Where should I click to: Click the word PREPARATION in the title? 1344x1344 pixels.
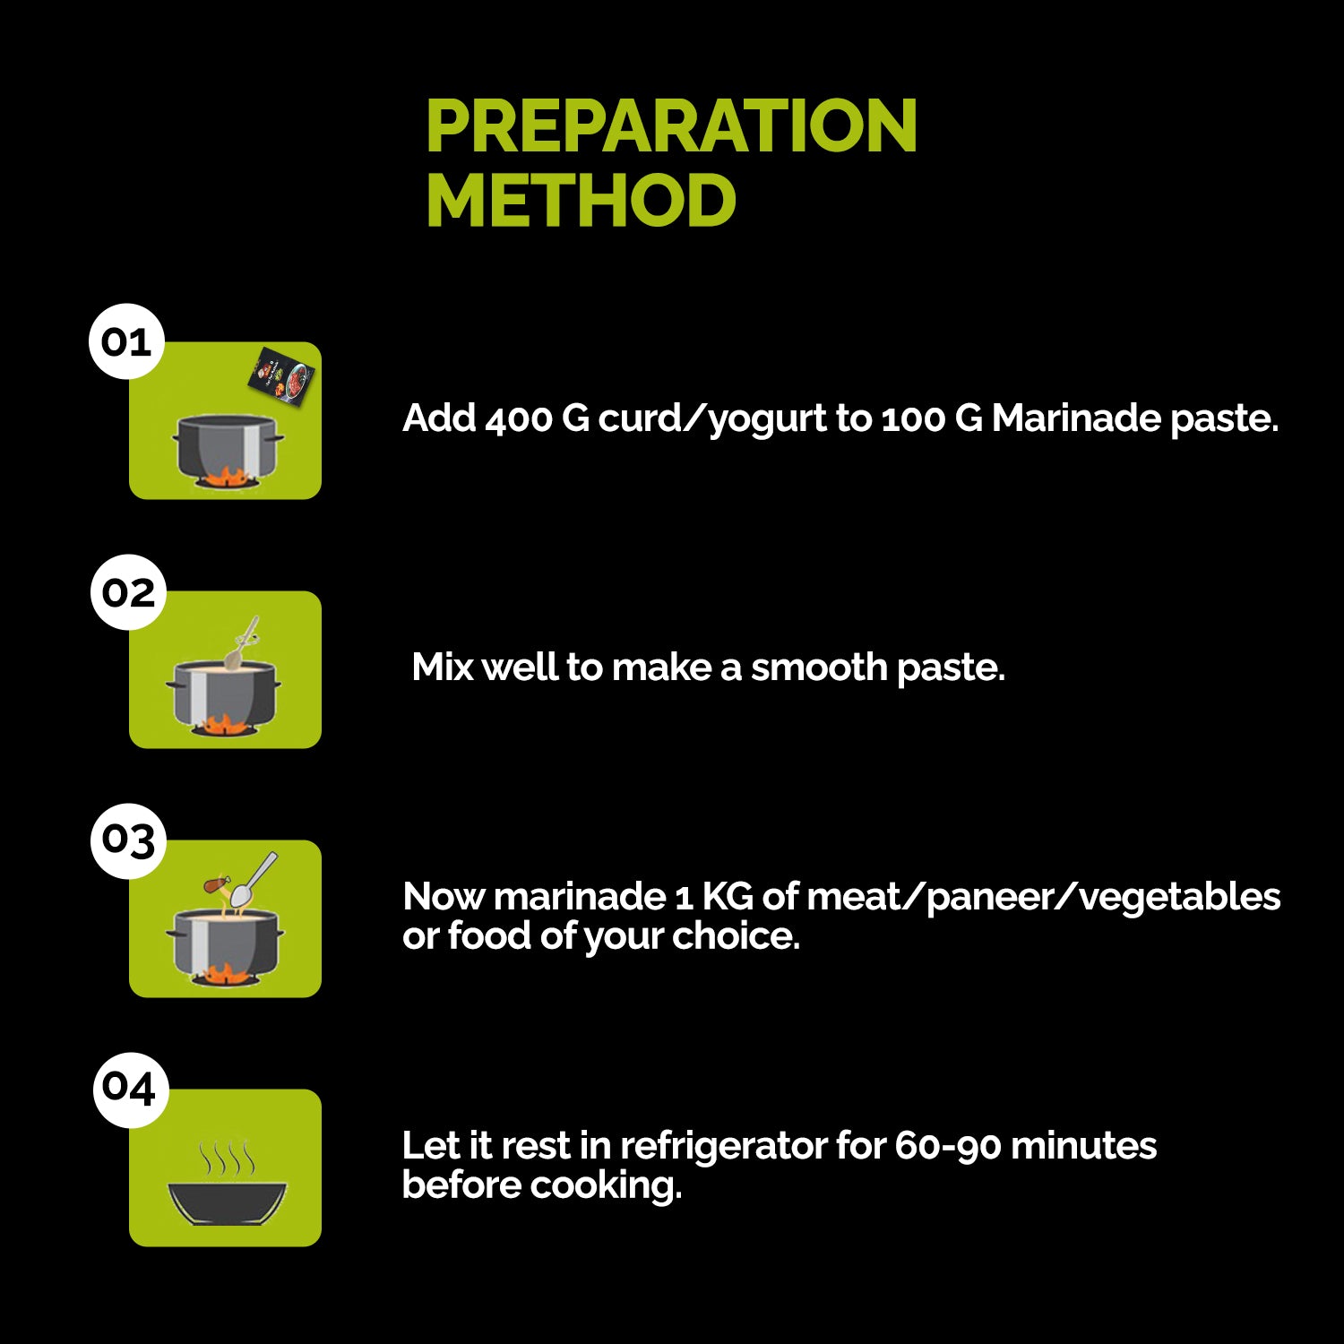click(671, 125)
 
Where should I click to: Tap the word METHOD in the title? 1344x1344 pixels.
click(581, 200)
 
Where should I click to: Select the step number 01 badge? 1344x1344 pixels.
click(126, 341)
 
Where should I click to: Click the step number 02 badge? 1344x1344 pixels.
click(128, 592)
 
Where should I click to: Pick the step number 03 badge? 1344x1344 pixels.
click(128, 840)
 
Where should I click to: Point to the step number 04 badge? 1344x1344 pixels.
click(131, 1089)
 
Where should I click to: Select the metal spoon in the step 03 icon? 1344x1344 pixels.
click(253, 880)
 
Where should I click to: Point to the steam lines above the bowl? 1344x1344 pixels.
click(227, 1159)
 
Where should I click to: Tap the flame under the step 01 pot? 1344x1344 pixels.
click(224, 478)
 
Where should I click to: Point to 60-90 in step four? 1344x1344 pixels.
click(948, 1146)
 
